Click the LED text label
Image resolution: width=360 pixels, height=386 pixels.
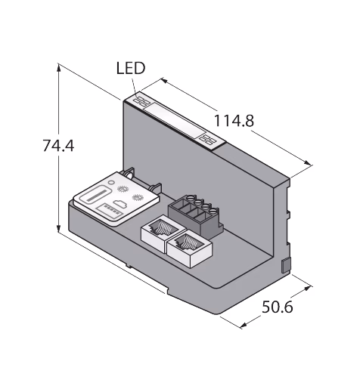(131, 68)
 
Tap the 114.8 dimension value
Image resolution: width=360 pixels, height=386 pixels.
(234, 121)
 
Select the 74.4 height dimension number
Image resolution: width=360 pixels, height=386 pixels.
(58, 146)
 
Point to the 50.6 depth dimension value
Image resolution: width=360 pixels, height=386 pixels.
(278, 307)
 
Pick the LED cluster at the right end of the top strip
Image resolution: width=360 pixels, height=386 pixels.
(207, 139)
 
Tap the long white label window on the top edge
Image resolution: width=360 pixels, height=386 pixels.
(175, 121)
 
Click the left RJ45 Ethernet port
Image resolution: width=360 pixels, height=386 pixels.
(163, 233)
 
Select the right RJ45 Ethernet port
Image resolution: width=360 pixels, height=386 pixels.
(189, 248)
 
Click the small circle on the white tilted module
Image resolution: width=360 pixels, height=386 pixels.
(110, 182)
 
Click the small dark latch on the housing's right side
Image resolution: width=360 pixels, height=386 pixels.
(286, 265)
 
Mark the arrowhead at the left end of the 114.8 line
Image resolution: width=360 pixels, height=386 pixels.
(164, 81)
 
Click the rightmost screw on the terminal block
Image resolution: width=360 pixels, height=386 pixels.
(213, 211)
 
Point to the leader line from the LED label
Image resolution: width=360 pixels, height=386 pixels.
(134, 87)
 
